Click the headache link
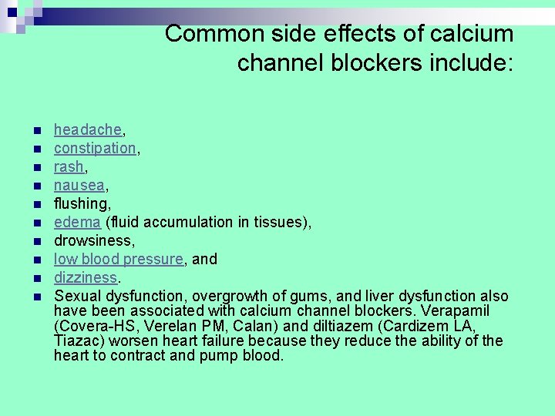(x=87, y=129)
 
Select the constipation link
(x=95, y=148)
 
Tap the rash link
(x=69, y=166)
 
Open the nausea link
(x=79, y=185)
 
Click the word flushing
(x=81, y=203)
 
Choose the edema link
(x=77, y=222)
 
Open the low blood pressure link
(x=119, y=259)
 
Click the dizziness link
(x=85, y=277)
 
